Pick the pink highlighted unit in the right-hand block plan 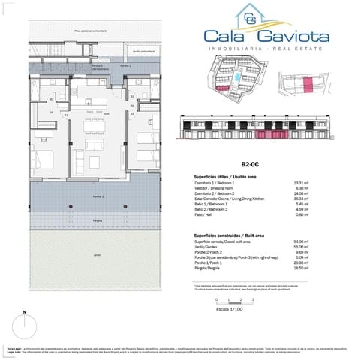click(x=305, y=88)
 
